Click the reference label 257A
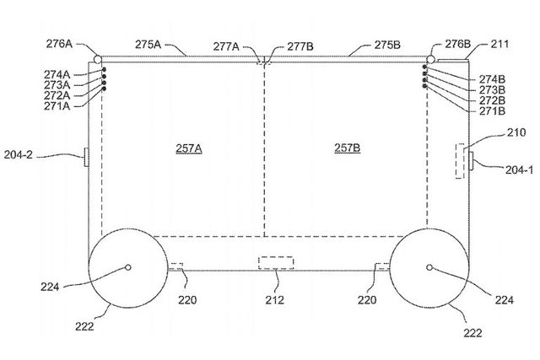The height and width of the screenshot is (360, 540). (189, 148)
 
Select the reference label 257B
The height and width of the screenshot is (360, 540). (347, 148)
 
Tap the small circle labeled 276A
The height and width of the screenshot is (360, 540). (98, 60)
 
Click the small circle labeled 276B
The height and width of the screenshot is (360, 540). (431, 59)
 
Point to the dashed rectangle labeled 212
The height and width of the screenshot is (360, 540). (276, 262)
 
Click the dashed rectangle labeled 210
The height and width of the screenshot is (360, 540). (460, 161)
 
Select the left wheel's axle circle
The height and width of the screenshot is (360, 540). (127, 267)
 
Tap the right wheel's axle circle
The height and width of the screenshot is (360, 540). (429, 267)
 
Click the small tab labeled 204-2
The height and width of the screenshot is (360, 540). (86, 158)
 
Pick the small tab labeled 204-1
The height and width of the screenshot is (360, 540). (471, 160)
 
